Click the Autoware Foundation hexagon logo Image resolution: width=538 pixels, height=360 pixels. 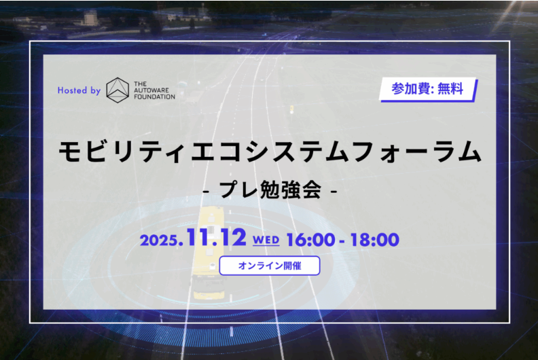(118, 89)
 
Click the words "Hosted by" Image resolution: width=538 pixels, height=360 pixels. (79, 90)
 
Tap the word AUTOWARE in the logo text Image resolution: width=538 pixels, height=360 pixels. (154, 89)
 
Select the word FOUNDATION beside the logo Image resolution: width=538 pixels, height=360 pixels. (155, 96)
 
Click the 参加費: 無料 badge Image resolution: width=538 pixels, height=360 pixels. (428, 89)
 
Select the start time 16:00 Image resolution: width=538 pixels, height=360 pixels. (309, 239)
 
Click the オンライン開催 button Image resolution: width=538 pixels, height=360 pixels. (269, 266)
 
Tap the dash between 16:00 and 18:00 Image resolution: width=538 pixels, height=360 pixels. (342, 240)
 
